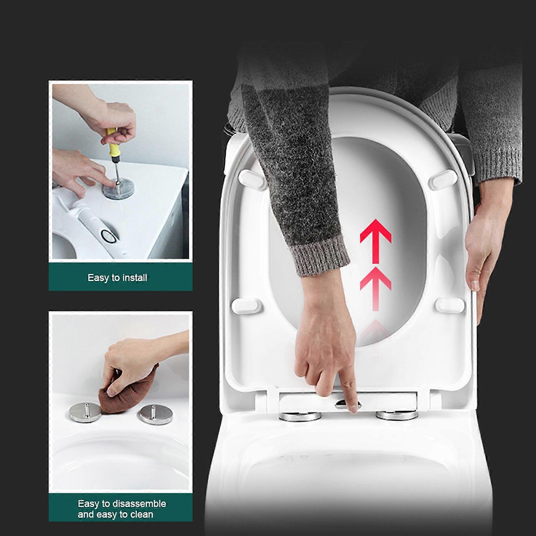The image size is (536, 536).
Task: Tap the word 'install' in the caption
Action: coord(135,278)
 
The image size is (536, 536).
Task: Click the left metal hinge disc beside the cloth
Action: coord(85,412)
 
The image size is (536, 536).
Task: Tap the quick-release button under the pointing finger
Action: coord(347,405)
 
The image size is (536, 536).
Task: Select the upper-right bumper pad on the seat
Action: coord(443,180)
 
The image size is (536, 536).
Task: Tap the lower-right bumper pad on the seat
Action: coord(450,305)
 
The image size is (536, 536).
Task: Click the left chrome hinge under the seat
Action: coord(300,416)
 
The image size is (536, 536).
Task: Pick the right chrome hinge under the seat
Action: coord(397,415)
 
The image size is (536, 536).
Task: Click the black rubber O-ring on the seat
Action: coord(110,236)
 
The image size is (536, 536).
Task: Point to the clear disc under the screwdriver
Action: coord(119,189)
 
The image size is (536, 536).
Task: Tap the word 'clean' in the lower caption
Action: coord(141,514)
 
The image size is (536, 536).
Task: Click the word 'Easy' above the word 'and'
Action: coord(88,504)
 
